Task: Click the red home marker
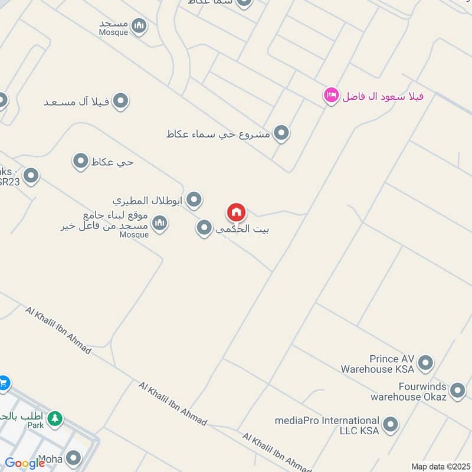236,212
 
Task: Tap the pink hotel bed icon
331,95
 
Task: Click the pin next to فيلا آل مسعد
120,101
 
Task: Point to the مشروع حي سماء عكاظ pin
281,133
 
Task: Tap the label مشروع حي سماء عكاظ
218,135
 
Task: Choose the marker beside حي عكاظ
80,161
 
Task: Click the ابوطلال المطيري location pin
194,201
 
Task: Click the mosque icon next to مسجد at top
139,25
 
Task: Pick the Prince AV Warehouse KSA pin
425,363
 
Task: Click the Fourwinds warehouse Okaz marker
457,390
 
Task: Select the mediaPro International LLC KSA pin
390,424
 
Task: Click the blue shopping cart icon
4,383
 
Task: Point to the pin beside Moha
73,458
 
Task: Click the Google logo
25,463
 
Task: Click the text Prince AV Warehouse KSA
378,364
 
